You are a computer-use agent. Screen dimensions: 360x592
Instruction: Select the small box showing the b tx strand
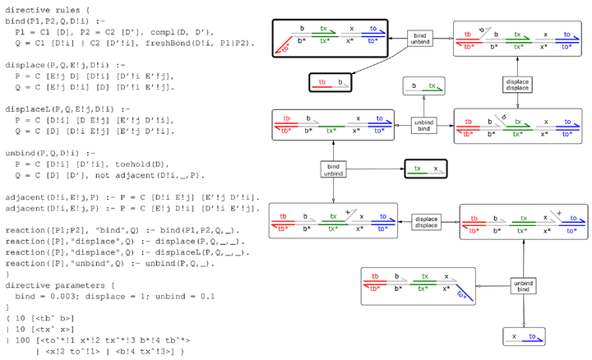click(424, 85)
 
